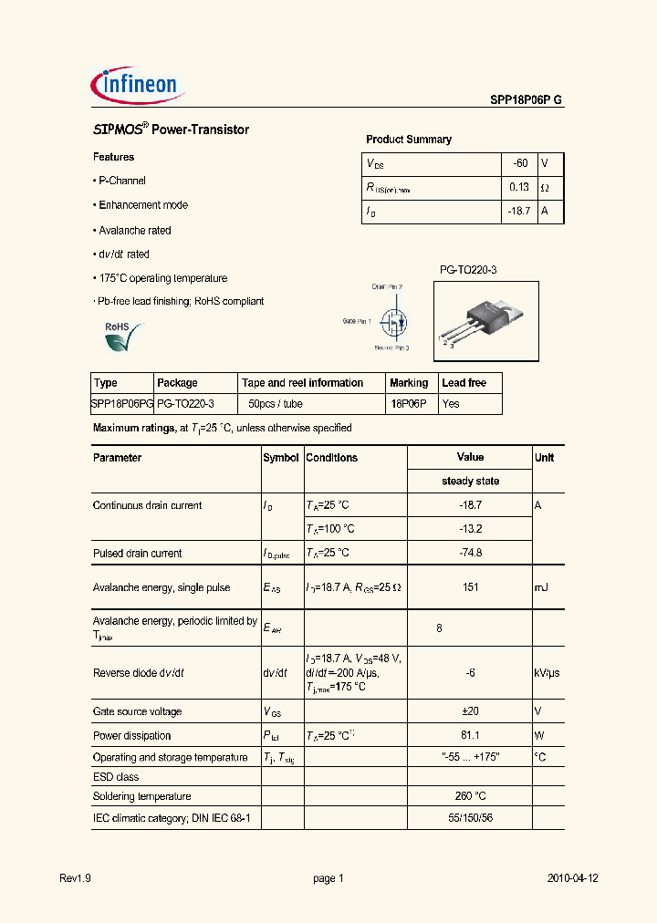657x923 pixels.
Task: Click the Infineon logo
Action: (x=139, y=86)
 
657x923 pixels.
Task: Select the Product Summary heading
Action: (x=408, y=140)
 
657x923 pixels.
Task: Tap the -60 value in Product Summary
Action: (x=519, y=163)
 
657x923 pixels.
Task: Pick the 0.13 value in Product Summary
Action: (x=518, y=187)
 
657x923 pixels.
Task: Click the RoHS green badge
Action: (x=120, y=337)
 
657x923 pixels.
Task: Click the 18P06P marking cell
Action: (x=408, y=403)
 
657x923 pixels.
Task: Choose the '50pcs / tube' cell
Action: (x=276, y=403)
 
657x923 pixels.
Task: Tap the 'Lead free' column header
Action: (x=464, y=383)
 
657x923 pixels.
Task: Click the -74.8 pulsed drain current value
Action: (x=470, y=553)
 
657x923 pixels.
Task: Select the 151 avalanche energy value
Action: (x=470, y=587)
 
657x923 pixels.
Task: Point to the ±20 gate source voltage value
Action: (x=470, y=711)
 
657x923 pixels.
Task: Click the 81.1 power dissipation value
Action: (x=470, y=735)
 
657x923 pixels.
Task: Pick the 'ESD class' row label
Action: (x=116, y=777)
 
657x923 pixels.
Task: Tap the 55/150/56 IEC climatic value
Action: (x=470, y=819)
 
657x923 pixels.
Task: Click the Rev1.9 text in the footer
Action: (x=75, y=878)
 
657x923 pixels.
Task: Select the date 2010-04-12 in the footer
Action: (x=572, y=878)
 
